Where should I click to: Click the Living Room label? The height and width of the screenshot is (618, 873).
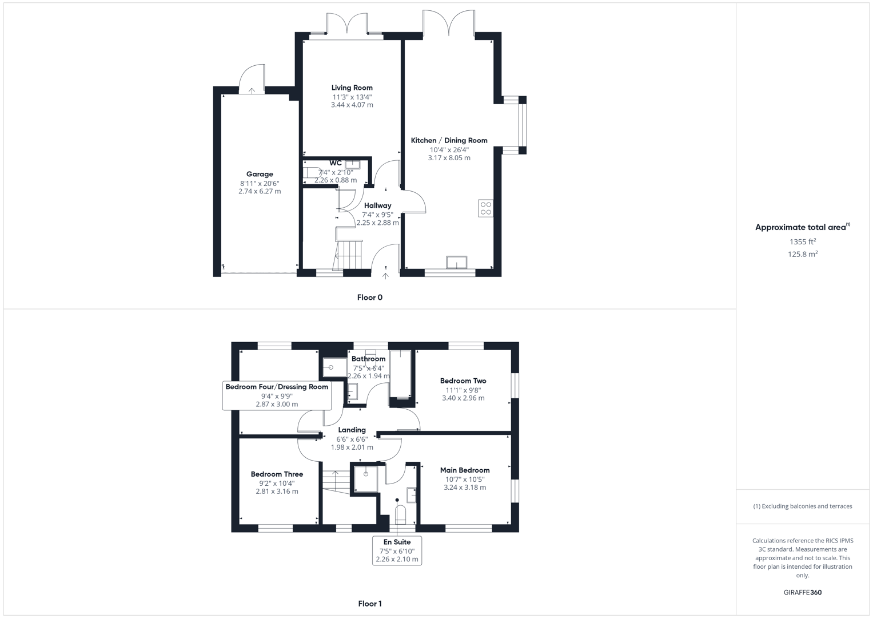[x=352, y=88]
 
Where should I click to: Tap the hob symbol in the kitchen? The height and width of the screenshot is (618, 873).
[x=485, y=208]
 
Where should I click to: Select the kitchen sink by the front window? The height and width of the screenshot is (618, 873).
[x=456, y=262]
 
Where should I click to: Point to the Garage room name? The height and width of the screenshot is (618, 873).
[x=260, y=174]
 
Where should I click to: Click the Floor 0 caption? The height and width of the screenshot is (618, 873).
[x=369, y=298]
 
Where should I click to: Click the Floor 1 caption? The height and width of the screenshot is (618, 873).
[x=369, y=604]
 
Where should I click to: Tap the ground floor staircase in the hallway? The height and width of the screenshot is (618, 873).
[x=349, y=255]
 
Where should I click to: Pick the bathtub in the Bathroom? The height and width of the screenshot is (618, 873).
[x=400, y=375]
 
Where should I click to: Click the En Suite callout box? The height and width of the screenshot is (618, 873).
[x=397, y=550]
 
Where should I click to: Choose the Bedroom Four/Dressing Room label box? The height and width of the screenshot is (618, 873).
[x=277, y=395]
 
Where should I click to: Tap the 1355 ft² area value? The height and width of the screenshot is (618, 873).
[x=802, y=241]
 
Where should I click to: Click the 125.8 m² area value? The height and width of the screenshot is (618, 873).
[x=802, y=254]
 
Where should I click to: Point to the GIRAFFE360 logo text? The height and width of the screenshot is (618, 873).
[x=802, y=592]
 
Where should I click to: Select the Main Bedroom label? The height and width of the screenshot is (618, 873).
[x=464, y=470]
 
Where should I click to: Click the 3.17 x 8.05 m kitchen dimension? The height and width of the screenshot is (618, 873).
[x=449, y=158]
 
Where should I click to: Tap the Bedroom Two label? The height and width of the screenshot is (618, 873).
[x=463, y=381]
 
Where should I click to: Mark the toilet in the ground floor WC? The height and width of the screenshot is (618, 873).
[x=312, y=172]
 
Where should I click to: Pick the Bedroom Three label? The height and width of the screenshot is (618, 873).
[x=277, y=474]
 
